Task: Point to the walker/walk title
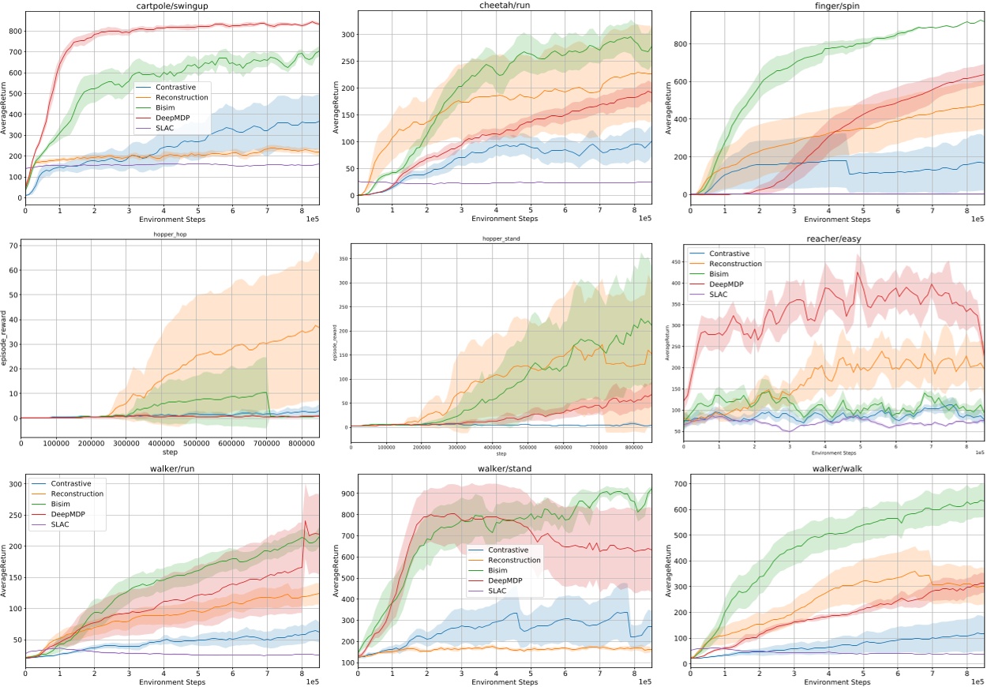pyautogui.click(x=837, y=468)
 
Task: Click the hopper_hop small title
pyautogui.click(x=172, y=235)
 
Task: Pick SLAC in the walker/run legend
pyautogui.click(x=57, y=525)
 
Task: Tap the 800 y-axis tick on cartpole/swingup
pyautogui.click(x=14, y=31)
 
